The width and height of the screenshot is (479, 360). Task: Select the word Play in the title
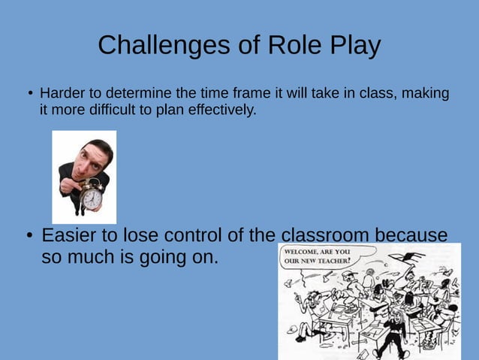354,46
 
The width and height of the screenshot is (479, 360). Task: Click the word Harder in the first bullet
61,94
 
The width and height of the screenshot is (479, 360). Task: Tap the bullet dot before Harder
31,95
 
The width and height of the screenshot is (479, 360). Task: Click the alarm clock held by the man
90,197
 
